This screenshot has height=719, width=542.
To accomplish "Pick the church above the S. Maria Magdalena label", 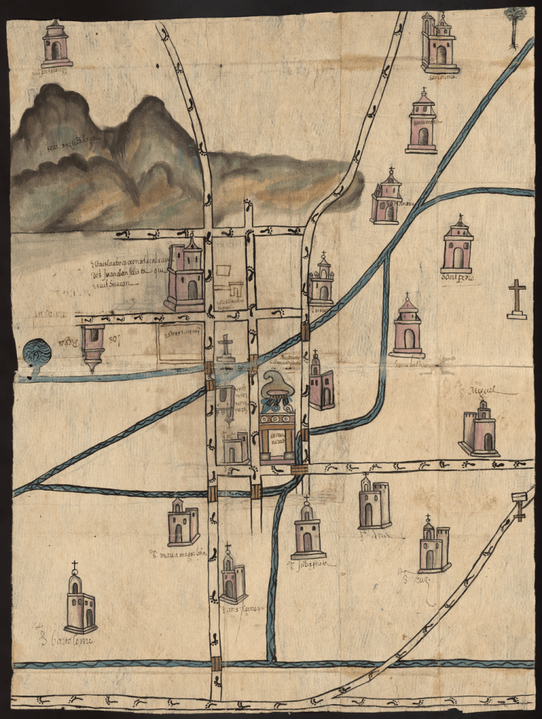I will click(x=183, y=522).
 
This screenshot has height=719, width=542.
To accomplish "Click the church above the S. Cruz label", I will click(x=433, y=547).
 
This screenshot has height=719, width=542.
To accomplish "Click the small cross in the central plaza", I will click(x=225, y=348).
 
